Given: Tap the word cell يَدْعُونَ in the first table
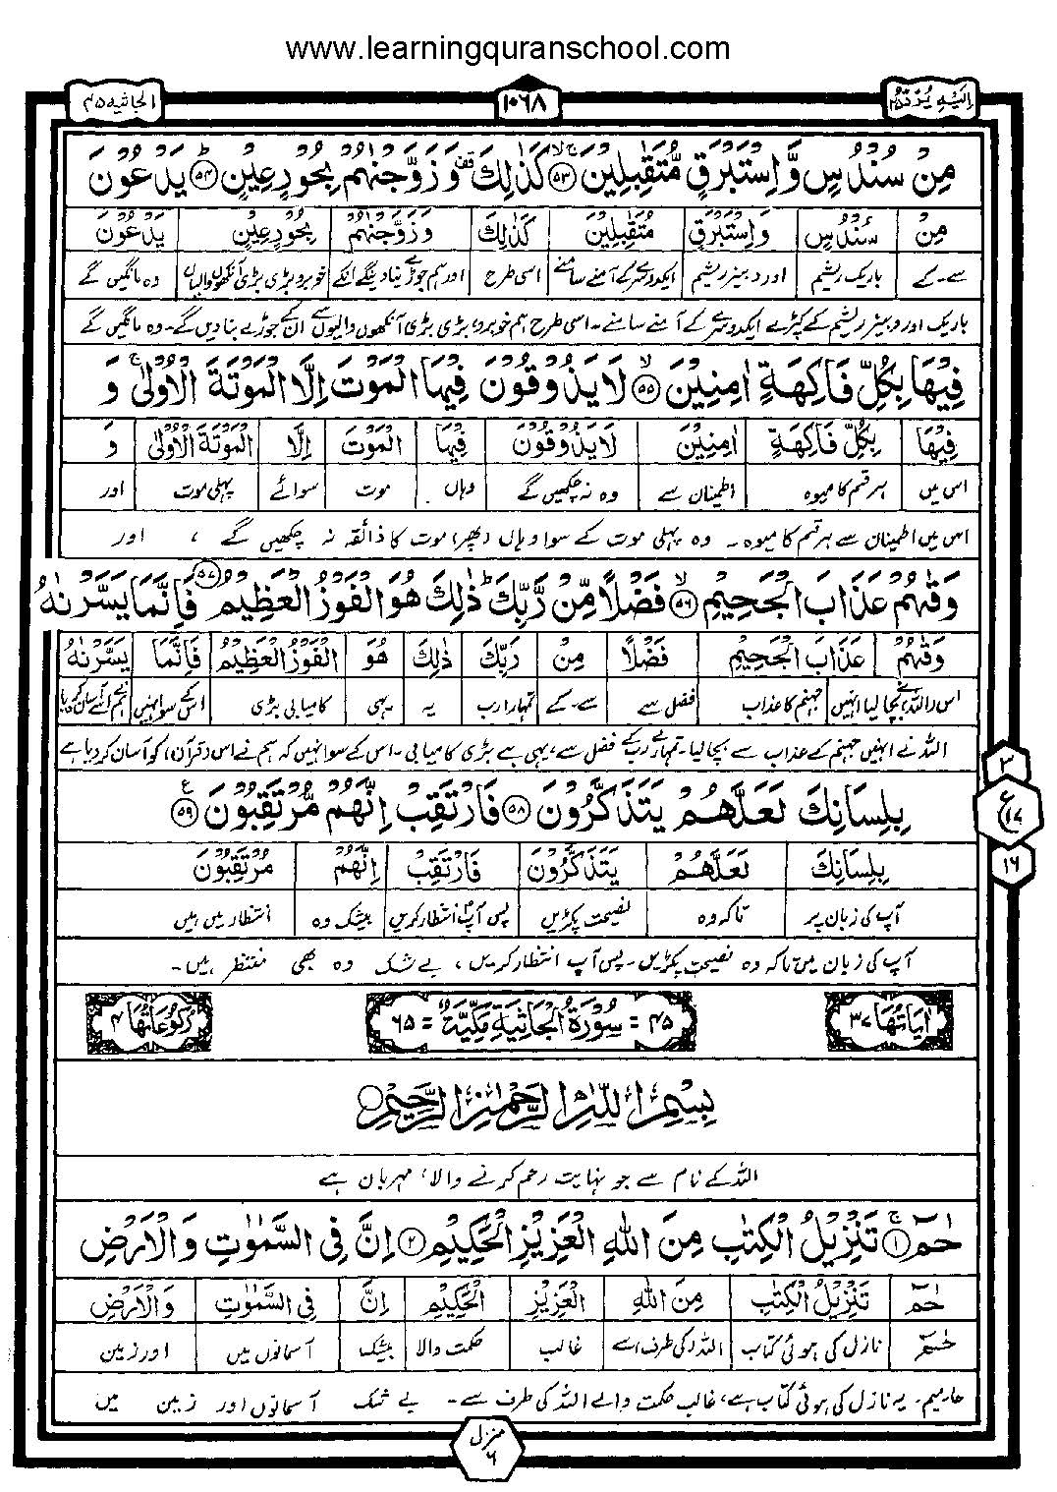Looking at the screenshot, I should (125, 236).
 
